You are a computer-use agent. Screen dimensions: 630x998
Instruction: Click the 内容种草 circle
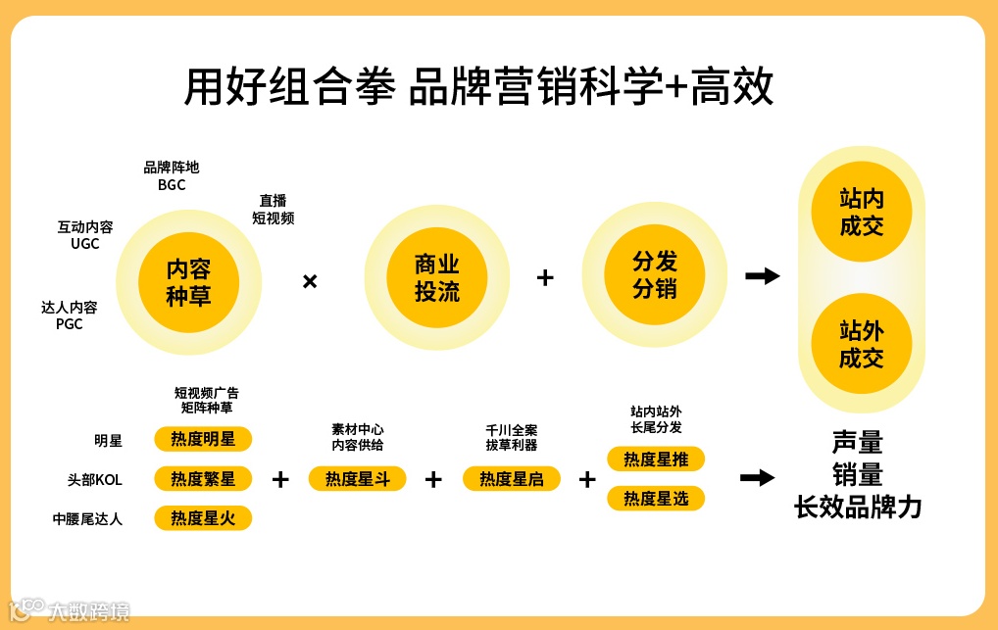click(188, 282)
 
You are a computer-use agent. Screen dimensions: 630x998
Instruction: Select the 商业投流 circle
click(437, 278)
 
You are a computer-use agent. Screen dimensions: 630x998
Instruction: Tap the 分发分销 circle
click(655, 275)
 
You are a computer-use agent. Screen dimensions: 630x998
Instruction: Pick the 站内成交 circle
click(862, 213)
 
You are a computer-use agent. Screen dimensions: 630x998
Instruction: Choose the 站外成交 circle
click(862, 344)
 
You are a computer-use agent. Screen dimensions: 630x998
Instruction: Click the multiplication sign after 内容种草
click(310, 282)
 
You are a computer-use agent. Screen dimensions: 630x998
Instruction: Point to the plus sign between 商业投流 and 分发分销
click(545, 277)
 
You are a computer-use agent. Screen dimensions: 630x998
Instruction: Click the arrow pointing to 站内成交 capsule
click(762, 276)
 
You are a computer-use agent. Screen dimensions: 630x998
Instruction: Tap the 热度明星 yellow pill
click(203, 439)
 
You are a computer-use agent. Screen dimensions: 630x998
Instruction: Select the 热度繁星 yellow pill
click(203, 478)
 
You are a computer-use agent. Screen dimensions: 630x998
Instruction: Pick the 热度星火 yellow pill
click(203, 517)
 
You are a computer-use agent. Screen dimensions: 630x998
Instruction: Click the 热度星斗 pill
click(357, 478)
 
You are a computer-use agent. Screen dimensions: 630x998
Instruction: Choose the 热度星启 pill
click(511, 478)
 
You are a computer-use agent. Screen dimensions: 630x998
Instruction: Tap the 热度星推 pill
click(656, 459)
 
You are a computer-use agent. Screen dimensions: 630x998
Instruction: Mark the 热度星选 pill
click(656, 498)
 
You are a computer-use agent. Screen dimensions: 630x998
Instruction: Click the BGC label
click(172, 184)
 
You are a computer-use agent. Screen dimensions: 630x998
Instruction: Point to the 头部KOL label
click(94, 480)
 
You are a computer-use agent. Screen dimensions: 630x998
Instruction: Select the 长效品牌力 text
click(858, 509)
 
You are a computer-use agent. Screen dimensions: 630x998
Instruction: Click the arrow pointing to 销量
click(757, 478)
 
